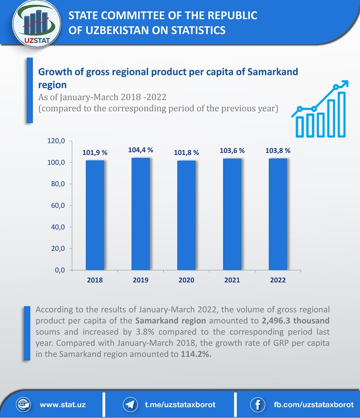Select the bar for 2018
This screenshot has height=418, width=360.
point(95,215)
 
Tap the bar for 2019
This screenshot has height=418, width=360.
point(141,214)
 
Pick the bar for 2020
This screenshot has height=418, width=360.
point(186,215)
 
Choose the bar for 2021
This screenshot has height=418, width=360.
point(232,214)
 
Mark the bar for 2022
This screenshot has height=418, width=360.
point(278,214)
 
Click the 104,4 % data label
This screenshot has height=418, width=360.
point(141,150)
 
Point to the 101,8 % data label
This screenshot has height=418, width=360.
point(186,153)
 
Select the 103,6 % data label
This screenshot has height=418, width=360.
point(232,151)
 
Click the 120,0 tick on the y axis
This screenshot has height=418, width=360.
point(57,141)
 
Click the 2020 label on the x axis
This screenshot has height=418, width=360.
point(186,280)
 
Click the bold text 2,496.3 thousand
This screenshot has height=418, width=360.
point(296,321)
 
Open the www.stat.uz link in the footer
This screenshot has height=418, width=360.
point(63,404)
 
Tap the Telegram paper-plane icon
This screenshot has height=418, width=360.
point(130,404)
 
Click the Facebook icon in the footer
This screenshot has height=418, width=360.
point(257,404)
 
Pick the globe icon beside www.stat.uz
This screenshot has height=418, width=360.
point(23,404)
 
